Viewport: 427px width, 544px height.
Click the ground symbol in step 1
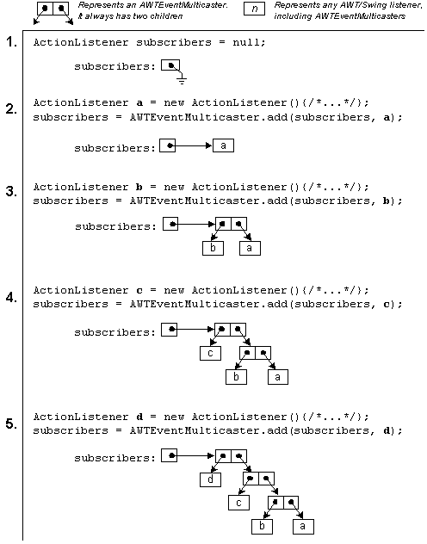click(182, 81)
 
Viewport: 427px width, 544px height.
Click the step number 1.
click(11, 42)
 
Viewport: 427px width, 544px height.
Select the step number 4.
click(11, 297)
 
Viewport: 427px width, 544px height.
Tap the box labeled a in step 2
click(223, 145)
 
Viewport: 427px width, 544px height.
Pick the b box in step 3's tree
click(213, 249)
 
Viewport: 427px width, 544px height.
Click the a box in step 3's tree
click(250, 249)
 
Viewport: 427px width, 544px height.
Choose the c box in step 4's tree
click(211, 353)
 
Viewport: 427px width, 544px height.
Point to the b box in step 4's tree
click(236, 377)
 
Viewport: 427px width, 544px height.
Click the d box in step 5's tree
click(211, 479)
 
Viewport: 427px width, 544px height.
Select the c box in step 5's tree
click(238, 503)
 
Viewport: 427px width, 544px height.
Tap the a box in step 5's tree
click(303, 527)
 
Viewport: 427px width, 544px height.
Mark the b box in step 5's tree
click(263, 527)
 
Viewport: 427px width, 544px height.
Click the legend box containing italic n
click(254, 9)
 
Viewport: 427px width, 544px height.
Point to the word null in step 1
click(249, 42)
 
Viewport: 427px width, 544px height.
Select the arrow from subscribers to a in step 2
click(191, 145)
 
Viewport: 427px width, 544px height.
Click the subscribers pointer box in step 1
click(170, 65)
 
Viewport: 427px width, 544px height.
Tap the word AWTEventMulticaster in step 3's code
click(195, 201)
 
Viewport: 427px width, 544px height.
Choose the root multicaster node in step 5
click(231, 456)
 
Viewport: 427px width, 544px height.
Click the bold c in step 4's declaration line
click(139, 290)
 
